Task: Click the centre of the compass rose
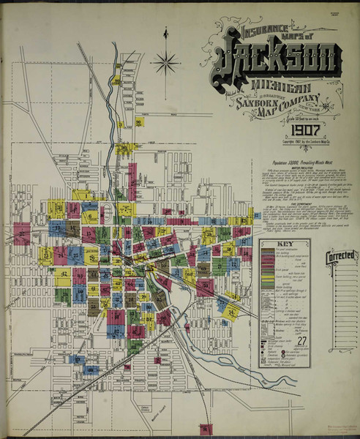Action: point(166,61)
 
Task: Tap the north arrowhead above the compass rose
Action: point(166,32)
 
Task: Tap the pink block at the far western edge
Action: point(22,233)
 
